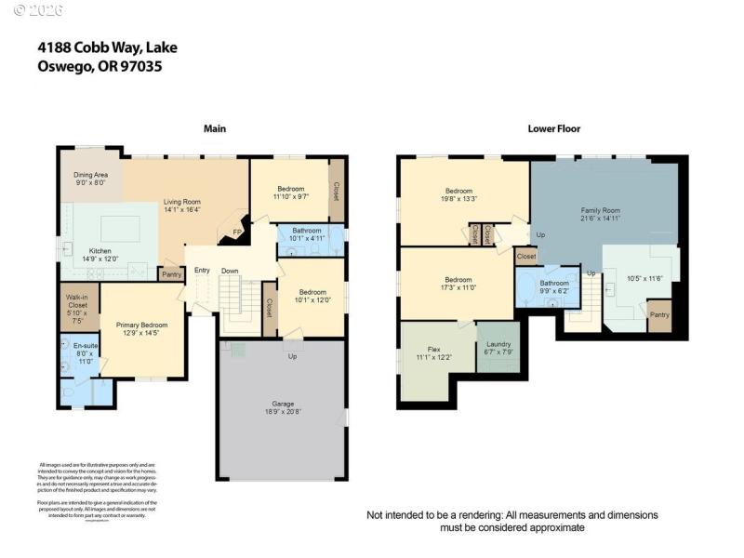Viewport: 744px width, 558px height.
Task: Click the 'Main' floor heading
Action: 215,128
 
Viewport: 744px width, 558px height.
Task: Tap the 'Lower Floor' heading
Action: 554,128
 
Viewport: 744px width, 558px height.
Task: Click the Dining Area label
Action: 91,175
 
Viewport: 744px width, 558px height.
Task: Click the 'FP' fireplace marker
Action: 237,232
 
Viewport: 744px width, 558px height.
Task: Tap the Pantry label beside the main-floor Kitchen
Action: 171,274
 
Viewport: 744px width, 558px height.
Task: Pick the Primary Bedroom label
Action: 141,325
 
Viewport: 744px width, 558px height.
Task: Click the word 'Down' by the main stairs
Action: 231,271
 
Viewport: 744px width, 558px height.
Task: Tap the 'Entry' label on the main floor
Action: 202,271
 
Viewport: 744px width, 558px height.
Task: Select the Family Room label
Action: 600,211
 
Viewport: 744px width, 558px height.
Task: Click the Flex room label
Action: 420,350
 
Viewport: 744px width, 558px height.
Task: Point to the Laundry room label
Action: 498,345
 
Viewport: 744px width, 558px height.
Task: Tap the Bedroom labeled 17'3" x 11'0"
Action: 458,280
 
